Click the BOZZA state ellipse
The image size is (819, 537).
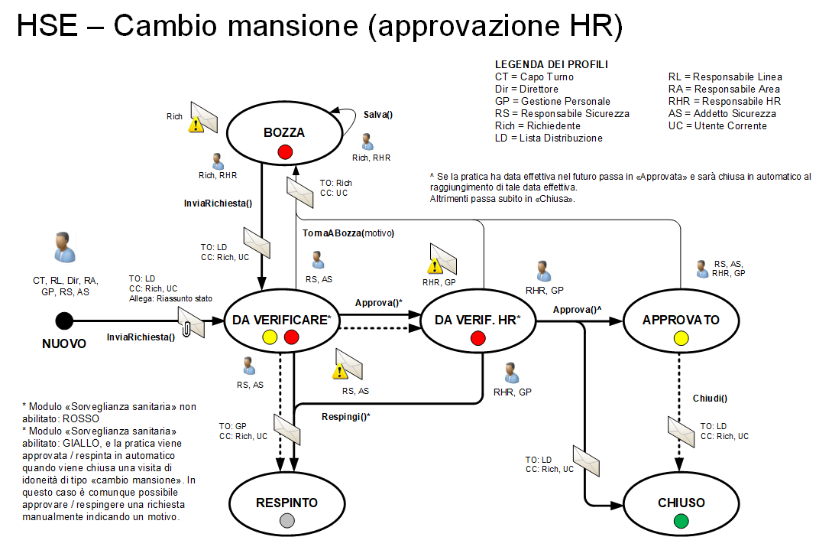point(284,132)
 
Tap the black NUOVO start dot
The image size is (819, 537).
point(64,321)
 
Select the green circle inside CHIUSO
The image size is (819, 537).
point(681,521)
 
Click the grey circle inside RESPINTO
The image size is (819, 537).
point(286,521)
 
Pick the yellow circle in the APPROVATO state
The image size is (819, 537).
point(681,337)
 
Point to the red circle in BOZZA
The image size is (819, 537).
point(285,151)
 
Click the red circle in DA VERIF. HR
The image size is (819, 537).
point(478,337)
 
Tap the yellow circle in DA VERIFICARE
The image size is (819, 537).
point(270,337)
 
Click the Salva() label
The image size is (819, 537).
point(377,116)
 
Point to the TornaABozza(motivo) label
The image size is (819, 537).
point(342,233)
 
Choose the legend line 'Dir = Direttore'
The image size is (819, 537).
point(526,89)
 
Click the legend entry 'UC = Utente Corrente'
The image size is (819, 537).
point(717,125)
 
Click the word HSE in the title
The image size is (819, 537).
point(47,28)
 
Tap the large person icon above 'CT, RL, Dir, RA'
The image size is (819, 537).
point(65,247)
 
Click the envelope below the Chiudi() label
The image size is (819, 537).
point(680,431)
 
